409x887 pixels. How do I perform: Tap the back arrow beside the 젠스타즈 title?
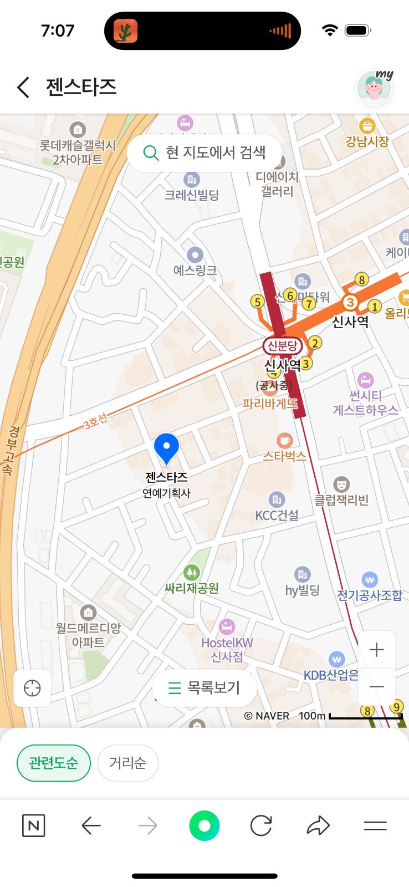pos(23,88)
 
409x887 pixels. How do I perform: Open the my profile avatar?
pos(374,87)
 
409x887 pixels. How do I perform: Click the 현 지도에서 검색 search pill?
pos(204,152)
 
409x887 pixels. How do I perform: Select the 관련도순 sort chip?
pos(54,763)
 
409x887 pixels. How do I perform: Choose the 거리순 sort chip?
pos(127,763)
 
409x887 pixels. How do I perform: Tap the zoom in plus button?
pos(376,649)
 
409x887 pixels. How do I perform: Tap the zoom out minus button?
pos(376,687)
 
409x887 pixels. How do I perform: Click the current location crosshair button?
pos(32,688)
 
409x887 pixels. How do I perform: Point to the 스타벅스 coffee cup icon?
pos(284,441)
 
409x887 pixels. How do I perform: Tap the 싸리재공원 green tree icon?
pos(192,572)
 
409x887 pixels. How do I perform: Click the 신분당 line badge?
pos(283,346)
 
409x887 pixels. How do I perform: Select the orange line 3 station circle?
pos(350,302)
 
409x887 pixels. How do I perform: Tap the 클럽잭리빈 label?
pos(341,500)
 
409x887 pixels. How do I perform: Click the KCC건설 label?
pos(277,515)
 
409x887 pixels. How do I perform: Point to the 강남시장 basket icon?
pos(367,126)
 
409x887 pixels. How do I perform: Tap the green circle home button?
pos(204,826)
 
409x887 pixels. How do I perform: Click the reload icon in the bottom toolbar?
pos(261,826)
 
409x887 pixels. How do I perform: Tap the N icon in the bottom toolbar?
pos(33,826)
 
